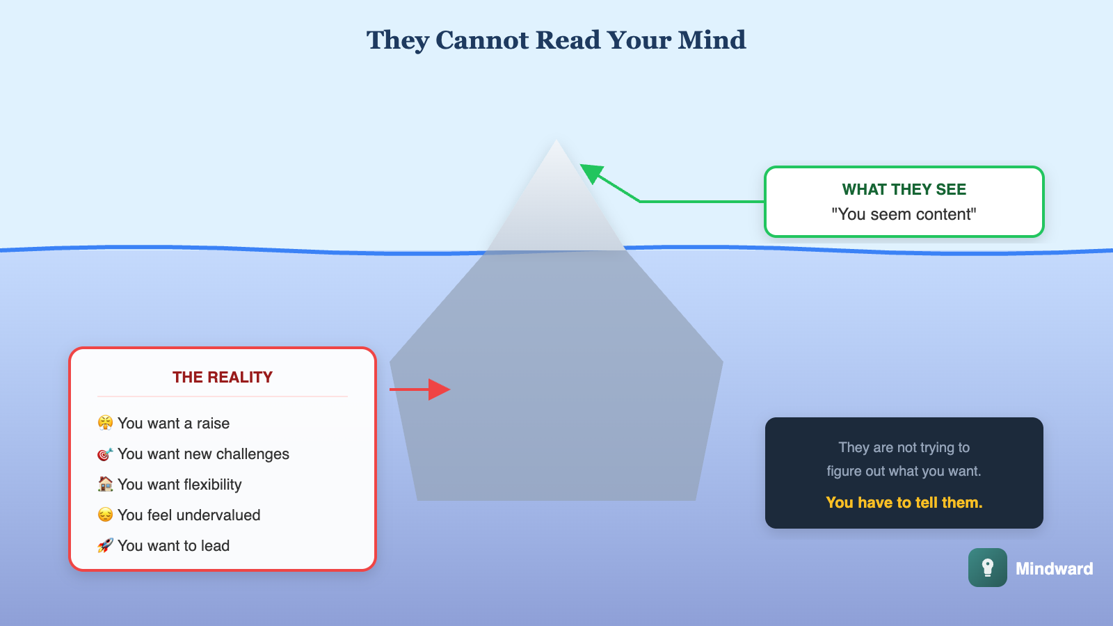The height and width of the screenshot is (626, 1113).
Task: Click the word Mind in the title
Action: (x=712, y=40)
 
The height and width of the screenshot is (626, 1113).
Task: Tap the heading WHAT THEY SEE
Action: (x=904, y=189)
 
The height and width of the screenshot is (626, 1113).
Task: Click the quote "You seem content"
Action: (x=904, y=214)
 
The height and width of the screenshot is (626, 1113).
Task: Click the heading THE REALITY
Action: (x=223, y=377)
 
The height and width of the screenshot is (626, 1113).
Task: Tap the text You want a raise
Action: (x=173, y=423)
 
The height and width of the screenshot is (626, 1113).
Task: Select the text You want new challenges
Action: (x=203, y=454)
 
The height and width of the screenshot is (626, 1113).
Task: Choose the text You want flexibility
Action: (x=179, y=484)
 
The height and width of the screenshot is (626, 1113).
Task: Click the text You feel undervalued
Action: (x=189, y=515)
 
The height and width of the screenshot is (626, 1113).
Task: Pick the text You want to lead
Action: (x=173, y=545)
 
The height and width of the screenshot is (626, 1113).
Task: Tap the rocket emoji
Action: (x=105, y=545)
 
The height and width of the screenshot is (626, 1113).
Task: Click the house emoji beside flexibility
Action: (x=105, y=484)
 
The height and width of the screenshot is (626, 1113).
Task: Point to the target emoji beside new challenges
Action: (x=105, y=454)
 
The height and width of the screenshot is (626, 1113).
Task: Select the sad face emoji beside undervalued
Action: (x=105, y=515)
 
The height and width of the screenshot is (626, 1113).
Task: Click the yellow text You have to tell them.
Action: (x=904, y=502)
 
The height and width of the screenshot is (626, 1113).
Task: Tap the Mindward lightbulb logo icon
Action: (x=987, y=568)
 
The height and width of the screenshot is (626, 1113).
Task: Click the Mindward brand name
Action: (x=1054, y=568)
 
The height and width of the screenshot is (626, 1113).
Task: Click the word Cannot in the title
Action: (x=482, y=40)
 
